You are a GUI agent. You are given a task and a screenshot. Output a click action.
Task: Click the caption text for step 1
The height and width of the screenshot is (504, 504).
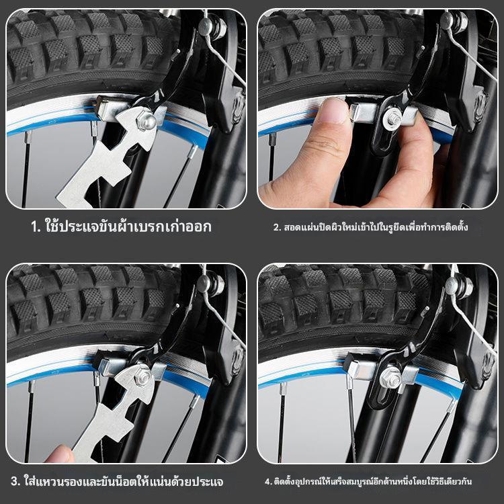pos(122,226)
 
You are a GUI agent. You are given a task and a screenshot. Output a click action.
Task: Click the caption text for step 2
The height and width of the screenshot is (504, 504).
pos(370,227)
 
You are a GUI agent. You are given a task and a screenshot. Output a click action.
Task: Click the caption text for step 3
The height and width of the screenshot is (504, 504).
pos(117,481)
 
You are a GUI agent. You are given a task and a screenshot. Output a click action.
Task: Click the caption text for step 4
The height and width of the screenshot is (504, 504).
pos(368,481)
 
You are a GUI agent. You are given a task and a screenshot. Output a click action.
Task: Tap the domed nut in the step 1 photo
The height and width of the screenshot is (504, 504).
pos(147,120)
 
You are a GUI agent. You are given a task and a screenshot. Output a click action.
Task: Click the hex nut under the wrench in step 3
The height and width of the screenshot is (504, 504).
pos(142,378)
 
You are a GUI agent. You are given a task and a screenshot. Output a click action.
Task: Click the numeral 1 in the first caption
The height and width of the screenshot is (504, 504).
pos(35,227)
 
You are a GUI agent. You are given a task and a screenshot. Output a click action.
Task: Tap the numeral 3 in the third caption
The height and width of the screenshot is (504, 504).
pos(15,482)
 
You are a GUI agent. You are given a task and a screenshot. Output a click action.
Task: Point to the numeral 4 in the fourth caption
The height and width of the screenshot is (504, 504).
pos(267,482)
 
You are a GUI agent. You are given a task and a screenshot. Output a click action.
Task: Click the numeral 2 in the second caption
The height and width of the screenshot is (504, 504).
pos(276,228)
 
